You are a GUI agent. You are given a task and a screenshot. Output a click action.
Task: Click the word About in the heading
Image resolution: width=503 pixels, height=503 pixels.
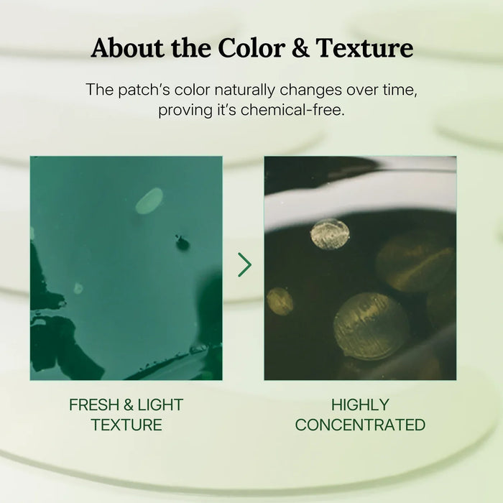coord(126,48)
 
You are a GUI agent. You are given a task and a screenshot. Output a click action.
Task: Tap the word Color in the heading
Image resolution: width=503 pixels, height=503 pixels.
coord(251,48)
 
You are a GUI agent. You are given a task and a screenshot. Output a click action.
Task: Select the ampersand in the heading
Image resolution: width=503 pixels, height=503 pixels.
coord(300,48)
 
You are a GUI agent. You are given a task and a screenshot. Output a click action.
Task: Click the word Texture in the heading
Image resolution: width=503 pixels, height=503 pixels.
coord(364,48)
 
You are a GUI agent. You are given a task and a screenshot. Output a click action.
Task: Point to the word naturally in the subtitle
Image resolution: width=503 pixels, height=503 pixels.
coord(244,90)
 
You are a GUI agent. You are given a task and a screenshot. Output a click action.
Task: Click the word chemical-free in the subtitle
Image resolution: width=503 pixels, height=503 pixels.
coord(293,110)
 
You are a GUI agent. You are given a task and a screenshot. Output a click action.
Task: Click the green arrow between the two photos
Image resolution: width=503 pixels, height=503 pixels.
coord(245,264)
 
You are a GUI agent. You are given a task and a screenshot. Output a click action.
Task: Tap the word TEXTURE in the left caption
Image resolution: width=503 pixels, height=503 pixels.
coord(126,425)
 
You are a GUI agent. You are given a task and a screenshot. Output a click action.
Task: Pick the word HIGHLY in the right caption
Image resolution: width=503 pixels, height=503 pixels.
coord(360,405)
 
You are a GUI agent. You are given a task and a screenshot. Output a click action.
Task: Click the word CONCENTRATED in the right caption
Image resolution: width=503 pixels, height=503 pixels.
coord(360,425)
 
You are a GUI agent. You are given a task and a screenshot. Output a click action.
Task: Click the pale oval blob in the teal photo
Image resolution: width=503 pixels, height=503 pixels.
coord(149,200)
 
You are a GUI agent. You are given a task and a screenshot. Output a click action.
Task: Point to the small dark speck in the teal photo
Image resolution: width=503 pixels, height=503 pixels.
coord(183,243)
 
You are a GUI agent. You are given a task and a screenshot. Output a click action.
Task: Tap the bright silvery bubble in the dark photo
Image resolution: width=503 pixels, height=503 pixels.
coord(330,234)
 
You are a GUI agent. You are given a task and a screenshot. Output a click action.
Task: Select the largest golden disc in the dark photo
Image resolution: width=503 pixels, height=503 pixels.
coord(372,326)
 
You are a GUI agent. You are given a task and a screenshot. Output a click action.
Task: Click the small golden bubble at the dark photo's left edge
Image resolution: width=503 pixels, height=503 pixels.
coord(280,301)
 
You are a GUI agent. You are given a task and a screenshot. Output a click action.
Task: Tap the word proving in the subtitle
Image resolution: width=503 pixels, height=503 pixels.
coord(185,111)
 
